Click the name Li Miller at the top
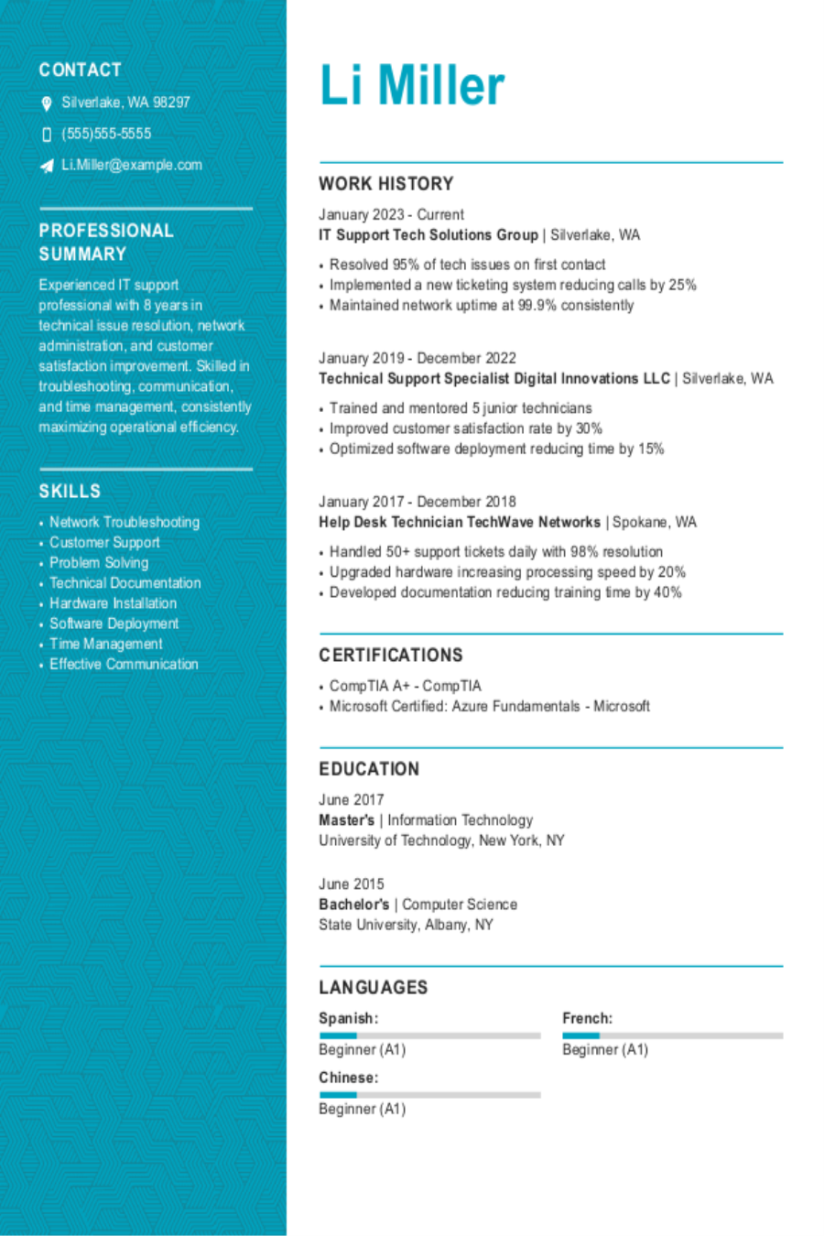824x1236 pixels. (412, 86)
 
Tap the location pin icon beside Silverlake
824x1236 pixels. (47, 103)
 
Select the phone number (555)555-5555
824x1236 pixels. (106, 134)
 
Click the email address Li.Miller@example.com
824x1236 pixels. (132, 165)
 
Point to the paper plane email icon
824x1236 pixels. (47, 166)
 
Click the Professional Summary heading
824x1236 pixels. (105, 242)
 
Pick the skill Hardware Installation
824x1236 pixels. (113, 603)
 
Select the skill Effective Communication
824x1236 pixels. (124, 664)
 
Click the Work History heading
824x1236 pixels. (385, 183)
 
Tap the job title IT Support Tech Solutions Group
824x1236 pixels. (428, 235)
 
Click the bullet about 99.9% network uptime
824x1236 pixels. (482, 305)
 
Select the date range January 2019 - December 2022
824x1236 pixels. (417, 358)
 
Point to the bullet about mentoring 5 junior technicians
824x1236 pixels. (461, 408)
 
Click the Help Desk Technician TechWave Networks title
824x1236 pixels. (459, 522)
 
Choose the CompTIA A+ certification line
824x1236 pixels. (405, 686)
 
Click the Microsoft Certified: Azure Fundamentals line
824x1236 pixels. (489, 706)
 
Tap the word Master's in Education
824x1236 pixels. (346, 820)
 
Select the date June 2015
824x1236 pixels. (351, 884)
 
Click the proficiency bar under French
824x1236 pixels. (672, 1035)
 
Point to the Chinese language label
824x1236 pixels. (348, 1078)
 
